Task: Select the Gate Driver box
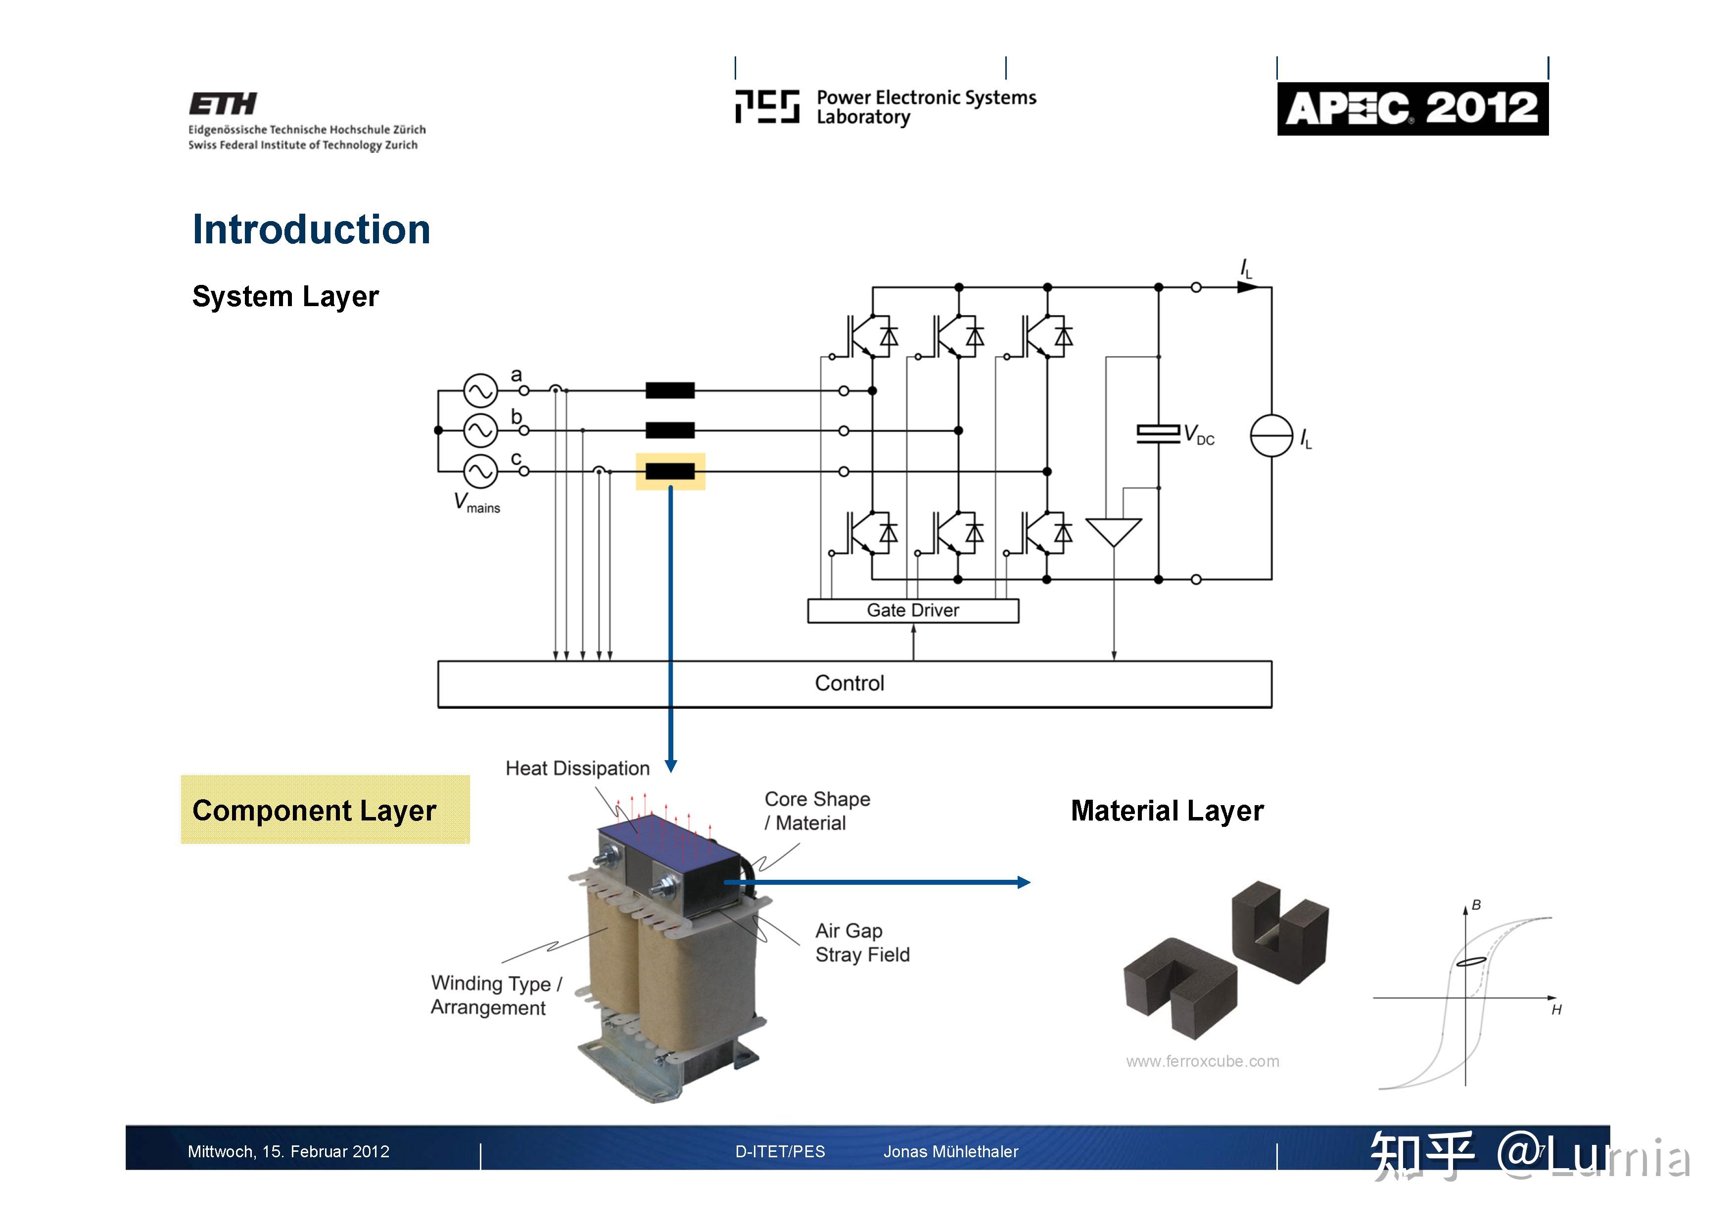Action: click(x=913, y=611)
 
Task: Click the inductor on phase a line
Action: click(x=670, y=391)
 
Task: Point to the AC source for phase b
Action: click(x=480, y=431)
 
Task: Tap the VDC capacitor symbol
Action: click(x=1158, y=433)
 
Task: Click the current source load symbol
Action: click(x=1271, y=436)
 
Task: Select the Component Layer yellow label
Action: click(x=325, y=810)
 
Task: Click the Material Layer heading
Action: click(x=1167, y=811)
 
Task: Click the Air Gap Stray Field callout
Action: click(x=862, y=943)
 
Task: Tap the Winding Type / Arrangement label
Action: click(x=496, y=995)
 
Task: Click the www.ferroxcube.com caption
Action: click(x=1202, y=1061)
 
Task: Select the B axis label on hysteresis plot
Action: click(x=1476, y=905)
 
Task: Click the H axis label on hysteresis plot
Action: click(x=1556, y=1010)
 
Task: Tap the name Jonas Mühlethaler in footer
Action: click(x=950, y=1151)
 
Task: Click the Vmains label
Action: click(x=476, y=503)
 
